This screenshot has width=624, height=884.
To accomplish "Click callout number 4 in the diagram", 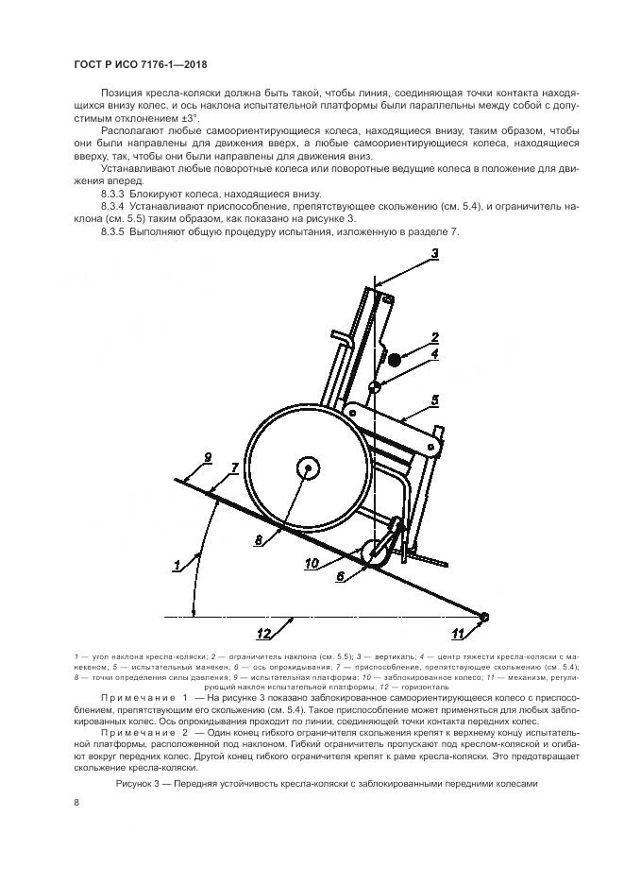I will [x=434, y=355].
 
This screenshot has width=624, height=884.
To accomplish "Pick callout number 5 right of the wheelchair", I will [x=434, y=400].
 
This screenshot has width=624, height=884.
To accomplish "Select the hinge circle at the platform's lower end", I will [x=484, y=617].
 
